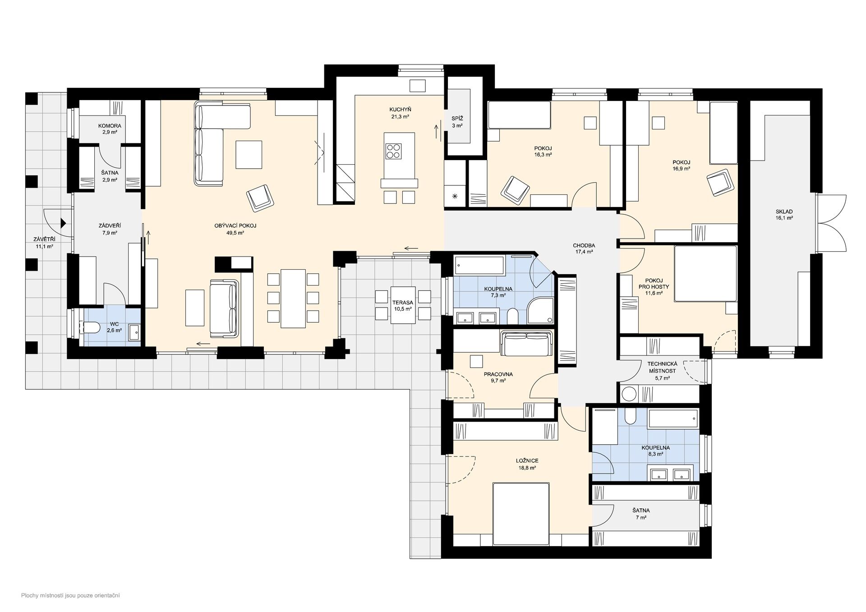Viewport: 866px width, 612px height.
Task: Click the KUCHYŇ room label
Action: pyautogui.click(x=400, y=110)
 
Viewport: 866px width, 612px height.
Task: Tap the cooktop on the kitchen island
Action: pyautogui.click(x=393, y=151)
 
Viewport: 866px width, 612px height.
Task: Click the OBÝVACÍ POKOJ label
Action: pyautogui.click(x=235, y=226)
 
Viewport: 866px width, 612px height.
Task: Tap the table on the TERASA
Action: pyautogui.click(x=403, y=305)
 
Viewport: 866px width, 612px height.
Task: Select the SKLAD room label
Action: pyautogui.click(x=784, y=212)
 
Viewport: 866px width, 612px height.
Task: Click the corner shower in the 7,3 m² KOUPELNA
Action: pyautogui.click(x=540, y=310)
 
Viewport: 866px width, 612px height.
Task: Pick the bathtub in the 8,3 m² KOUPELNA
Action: pyautogui.click(x=673, y=419)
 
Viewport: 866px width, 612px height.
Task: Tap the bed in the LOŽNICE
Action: pyautogui.click(x=521, y=514)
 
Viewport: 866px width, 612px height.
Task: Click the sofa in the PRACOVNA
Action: pyautogui.click(x=526, y=343)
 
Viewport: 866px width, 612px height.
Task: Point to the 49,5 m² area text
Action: pyautogui.click(x=235, y=233)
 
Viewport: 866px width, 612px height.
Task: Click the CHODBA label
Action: pyautogui.click(x=584, y=246)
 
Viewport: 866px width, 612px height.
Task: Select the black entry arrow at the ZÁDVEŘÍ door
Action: pyautogui.click(x=64, y=223)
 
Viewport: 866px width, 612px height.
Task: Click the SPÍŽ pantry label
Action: pyautogui.click(x=457, y=119)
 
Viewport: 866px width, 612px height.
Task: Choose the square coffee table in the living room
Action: pyautogui.click(x=249, y=155)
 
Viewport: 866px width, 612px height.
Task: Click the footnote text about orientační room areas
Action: pyautogui.click(x=70, y=596)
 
